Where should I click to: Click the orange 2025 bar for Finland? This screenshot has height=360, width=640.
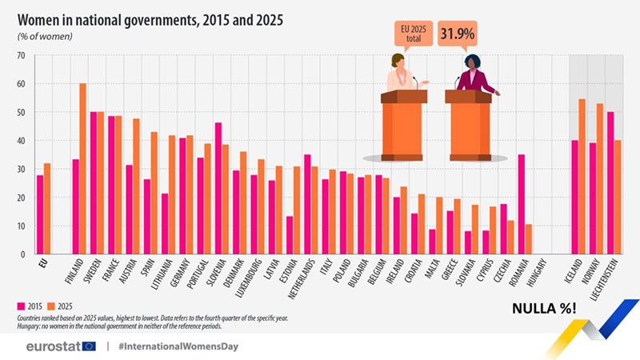click(82, 169)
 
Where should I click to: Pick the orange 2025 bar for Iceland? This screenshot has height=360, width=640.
click(582, 176)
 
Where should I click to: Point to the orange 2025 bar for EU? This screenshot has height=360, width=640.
click(47, 209)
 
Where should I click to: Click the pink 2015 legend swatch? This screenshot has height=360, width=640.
click(21, 305)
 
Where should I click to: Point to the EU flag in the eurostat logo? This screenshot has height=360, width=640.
click(88, 346)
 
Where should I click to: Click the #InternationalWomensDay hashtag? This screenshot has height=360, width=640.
click(177, 346)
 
